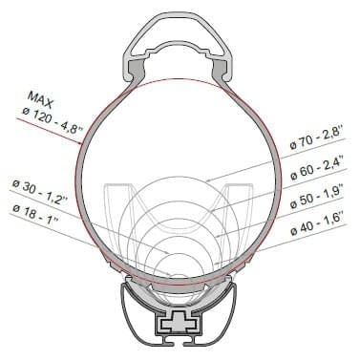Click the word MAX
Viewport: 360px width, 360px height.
pyautogui.click(x=43, y=98)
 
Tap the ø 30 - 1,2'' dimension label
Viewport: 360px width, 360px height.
pyautogui.click(x=38, y=182)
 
